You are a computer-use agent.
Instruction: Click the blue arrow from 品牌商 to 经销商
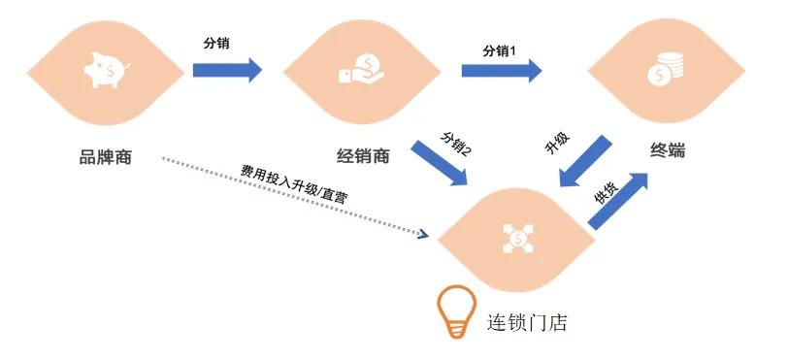227,69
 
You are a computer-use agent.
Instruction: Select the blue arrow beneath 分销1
501,70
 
